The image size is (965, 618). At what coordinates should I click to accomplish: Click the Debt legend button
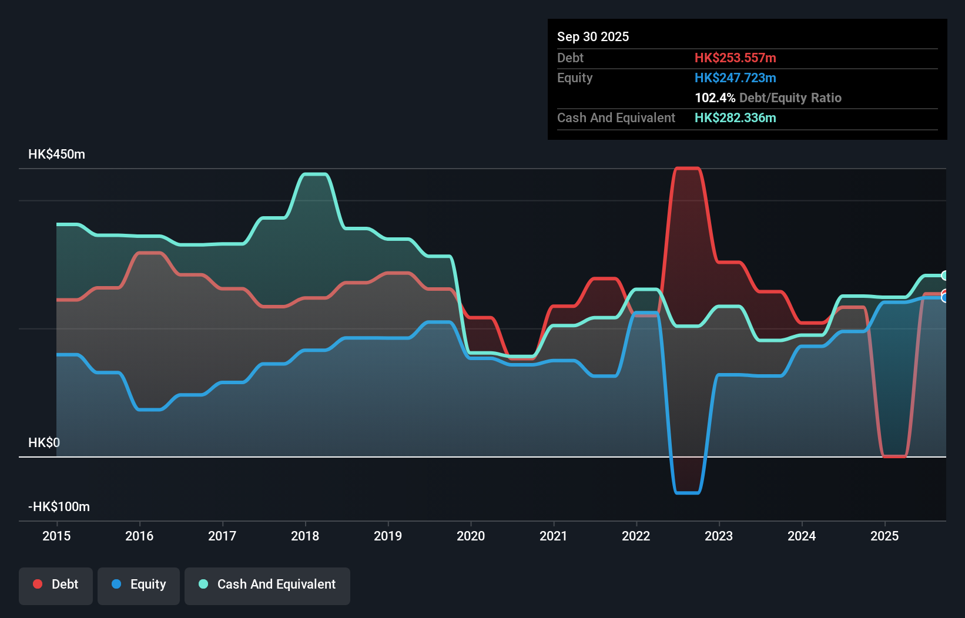tap(56, 585)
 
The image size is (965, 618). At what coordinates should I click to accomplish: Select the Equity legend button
tap(139, 585)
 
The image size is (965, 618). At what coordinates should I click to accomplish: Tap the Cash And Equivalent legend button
tap(267, 585)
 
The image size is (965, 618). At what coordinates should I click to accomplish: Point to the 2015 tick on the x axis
tap(56, 536)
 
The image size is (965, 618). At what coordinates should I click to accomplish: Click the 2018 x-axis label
tap(305, 536)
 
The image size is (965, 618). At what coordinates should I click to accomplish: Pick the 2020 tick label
tap(471, 536)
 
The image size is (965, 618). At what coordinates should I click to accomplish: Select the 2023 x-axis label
tap(719, 536)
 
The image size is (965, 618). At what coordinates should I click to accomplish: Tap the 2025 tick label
tap(884, 536)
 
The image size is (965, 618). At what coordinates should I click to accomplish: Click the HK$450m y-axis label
tap(56, 154)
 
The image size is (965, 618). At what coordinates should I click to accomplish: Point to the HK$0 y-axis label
tap(44, 443)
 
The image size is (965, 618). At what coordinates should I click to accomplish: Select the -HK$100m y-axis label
tap(59, 507)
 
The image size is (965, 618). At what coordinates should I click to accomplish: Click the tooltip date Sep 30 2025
tap(592, 37)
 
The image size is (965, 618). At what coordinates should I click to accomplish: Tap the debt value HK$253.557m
tap(735, 58)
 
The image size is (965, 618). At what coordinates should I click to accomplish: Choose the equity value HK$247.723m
tap(735, 78)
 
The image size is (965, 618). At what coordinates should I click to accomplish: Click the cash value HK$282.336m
tap(735, 118)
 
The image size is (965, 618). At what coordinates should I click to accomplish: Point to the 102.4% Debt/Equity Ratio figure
tap(768, 98)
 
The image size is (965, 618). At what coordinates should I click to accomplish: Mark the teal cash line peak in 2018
tap(314, 174)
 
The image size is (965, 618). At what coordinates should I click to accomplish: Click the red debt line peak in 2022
tap(687, 169)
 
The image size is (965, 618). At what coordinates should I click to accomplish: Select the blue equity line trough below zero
tap(687, 492)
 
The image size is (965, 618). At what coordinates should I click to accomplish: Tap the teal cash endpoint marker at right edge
tap(944, 276)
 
